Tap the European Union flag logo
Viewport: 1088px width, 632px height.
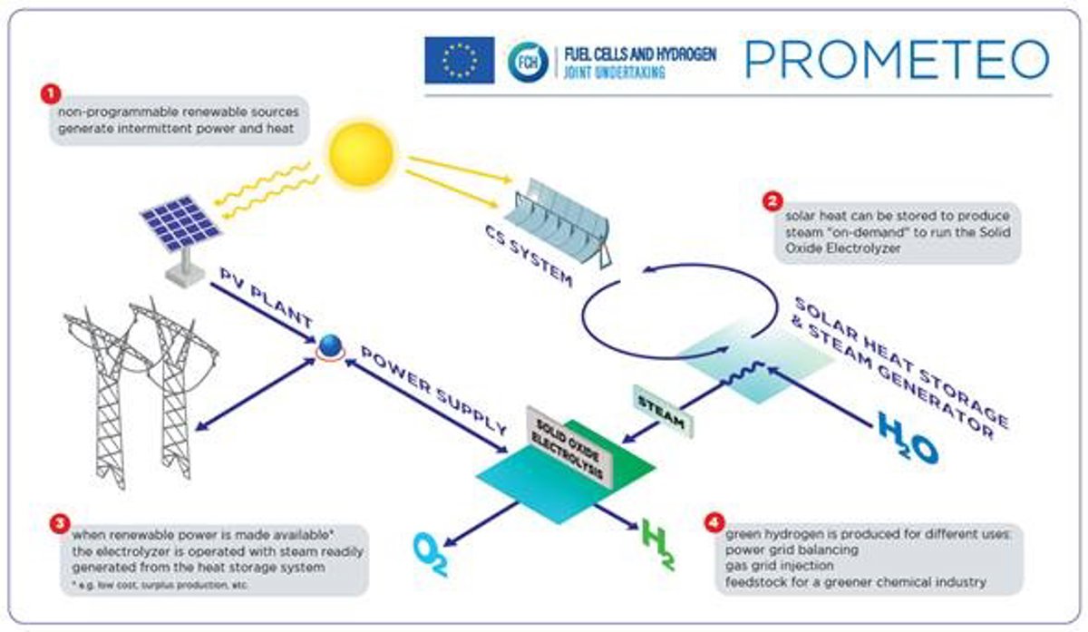[x=459, y=60]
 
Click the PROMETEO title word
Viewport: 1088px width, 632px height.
[x=897, y=59]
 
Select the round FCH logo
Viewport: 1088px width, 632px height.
[x=528, y=62]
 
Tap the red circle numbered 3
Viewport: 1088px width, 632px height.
[x=61, y=522]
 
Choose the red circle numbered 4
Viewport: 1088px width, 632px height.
[x=715, y=522]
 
